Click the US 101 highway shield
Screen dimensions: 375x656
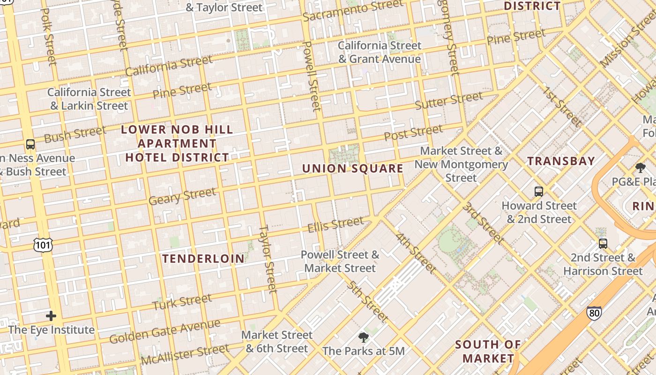[43, 245]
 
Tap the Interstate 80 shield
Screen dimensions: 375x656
[594, 313]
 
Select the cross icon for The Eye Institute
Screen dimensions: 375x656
[51, 316]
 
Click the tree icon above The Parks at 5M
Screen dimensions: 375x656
[363, 337]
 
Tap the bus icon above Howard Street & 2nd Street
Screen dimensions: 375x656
[539, 192]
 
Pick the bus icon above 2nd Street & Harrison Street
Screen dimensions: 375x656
[603, 244]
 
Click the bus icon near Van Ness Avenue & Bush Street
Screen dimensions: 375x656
[30, 144]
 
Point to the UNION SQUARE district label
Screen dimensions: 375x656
[352, 169]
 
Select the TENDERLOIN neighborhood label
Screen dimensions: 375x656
[203, 258]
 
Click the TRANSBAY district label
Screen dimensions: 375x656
[561, 161]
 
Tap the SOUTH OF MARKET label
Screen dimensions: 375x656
[488, 352]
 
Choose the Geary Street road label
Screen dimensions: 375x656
[182, 196]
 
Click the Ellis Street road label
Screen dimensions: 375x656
[335, 225]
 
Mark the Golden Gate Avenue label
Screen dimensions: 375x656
[164, 331]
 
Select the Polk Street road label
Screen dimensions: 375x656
[49, 35]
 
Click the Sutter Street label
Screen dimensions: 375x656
[448, 101]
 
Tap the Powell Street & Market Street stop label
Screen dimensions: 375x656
[340, 262]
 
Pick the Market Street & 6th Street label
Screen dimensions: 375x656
[277, 342]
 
